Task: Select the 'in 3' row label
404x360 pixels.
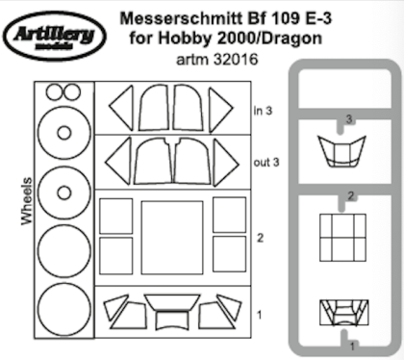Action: click(263, 110)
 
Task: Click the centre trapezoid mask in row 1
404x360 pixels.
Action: click(170, 315)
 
